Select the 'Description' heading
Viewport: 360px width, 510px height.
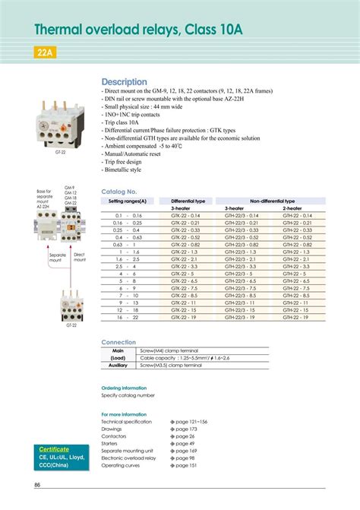coord(124,82)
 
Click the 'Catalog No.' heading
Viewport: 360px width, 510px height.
coord(118,192)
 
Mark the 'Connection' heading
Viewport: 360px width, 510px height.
coord(118,342)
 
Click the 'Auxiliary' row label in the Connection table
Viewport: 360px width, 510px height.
coord(118,364)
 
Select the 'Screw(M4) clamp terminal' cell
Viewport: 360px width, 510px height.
coord(169,350)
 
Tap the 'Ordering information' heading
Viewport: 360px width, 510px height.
coord(124,388)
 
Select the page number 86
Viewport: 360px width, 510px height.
coord(37,485)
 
